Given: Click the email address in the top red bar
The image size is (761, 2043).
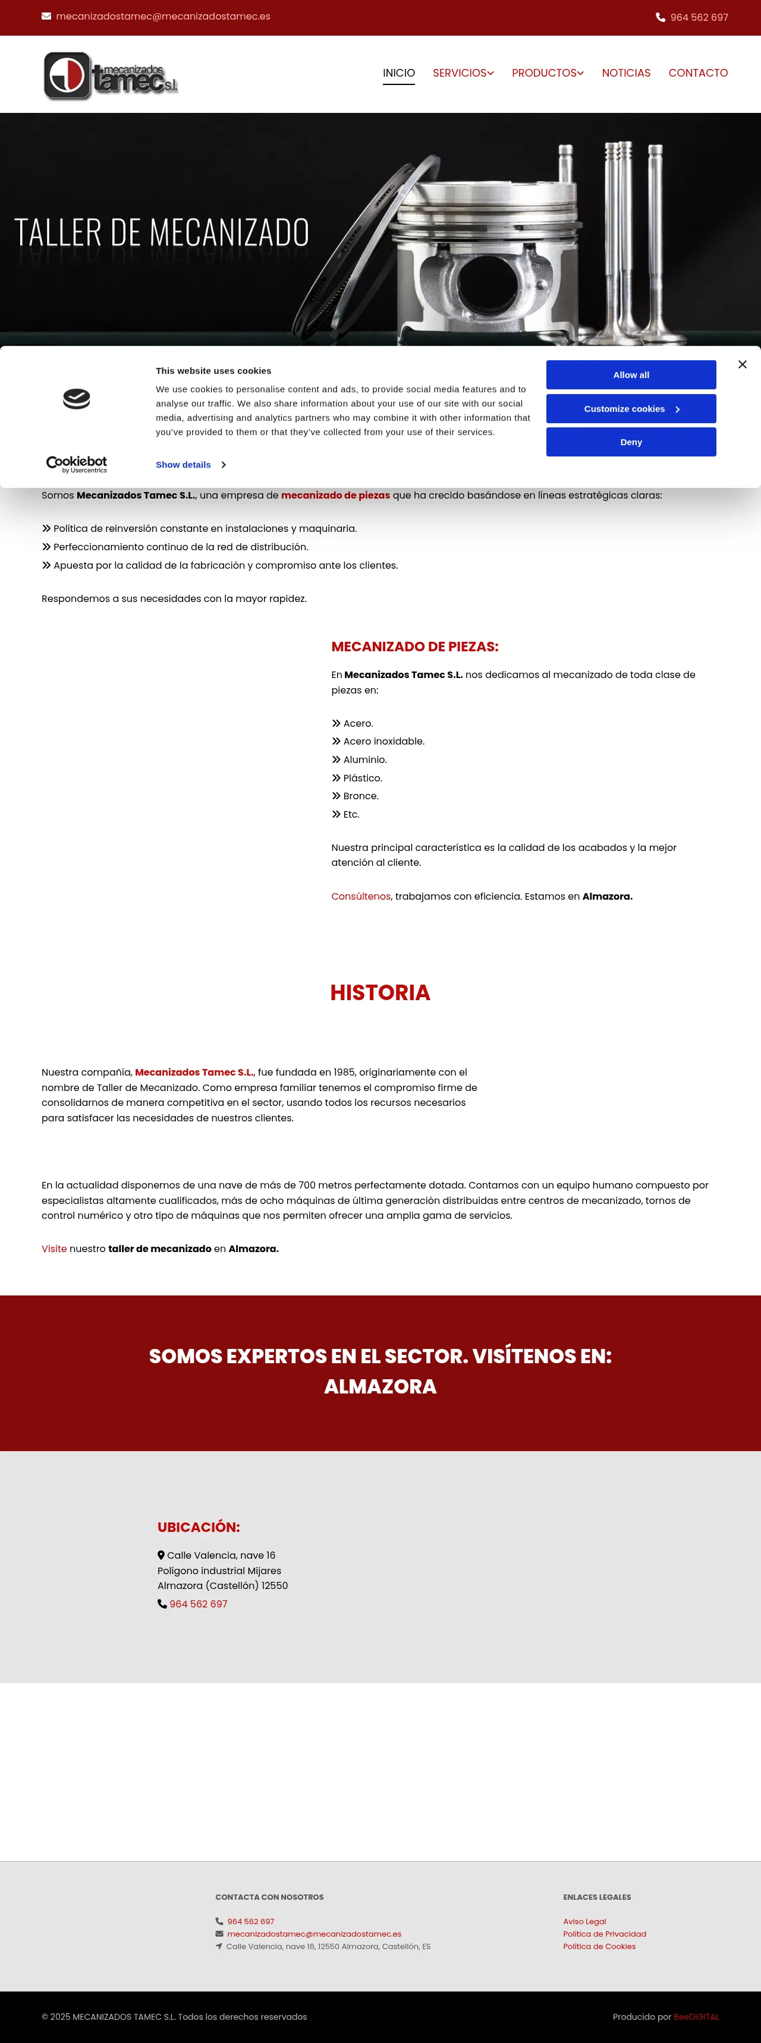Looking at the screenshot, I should point(163,17).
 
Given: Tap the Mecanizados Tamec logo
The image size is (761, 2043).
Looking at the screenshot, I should point(111,75).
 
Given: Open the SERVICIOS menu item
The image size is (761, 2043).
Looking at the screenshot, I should point(463,73).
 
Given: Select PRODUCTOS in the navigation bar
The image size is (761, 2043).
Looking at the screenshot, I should point(547,73).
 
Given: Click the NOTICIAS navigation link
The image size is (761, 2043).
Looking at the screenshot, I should point(625,73).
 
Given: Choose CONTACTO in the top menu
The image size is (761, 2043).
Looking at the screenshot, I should point(697,73).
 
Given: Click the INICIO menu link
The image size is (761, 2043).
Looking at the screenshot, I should point(398,73).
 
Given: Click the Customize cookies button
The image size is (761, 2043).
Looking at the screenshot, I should point(631,408).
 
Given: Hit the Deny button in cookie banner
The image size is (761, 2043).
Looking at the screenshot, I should point(631,442).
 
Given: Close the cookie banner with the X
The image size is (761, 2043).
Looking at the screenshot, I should point(742,364).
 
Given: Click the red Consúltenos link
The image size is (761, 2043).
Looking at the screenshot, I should point(360,896).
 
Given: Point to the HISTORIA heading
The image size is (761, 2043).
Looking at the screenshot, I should point(380,992).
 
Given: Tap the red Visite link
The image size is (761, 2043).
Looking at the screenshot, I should point(54,1248).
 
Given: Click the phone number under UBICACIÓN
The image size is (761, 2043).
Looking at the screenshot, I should point(199,1604).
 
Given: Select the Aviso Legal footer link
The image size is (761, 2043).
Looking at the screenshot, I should point(584,1921).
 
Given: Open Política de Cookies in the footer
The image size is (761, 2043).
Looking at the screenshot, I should point(599,1946).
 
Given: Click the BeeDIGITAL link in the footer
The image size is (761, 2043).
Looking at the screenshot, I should point(696,2016).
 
